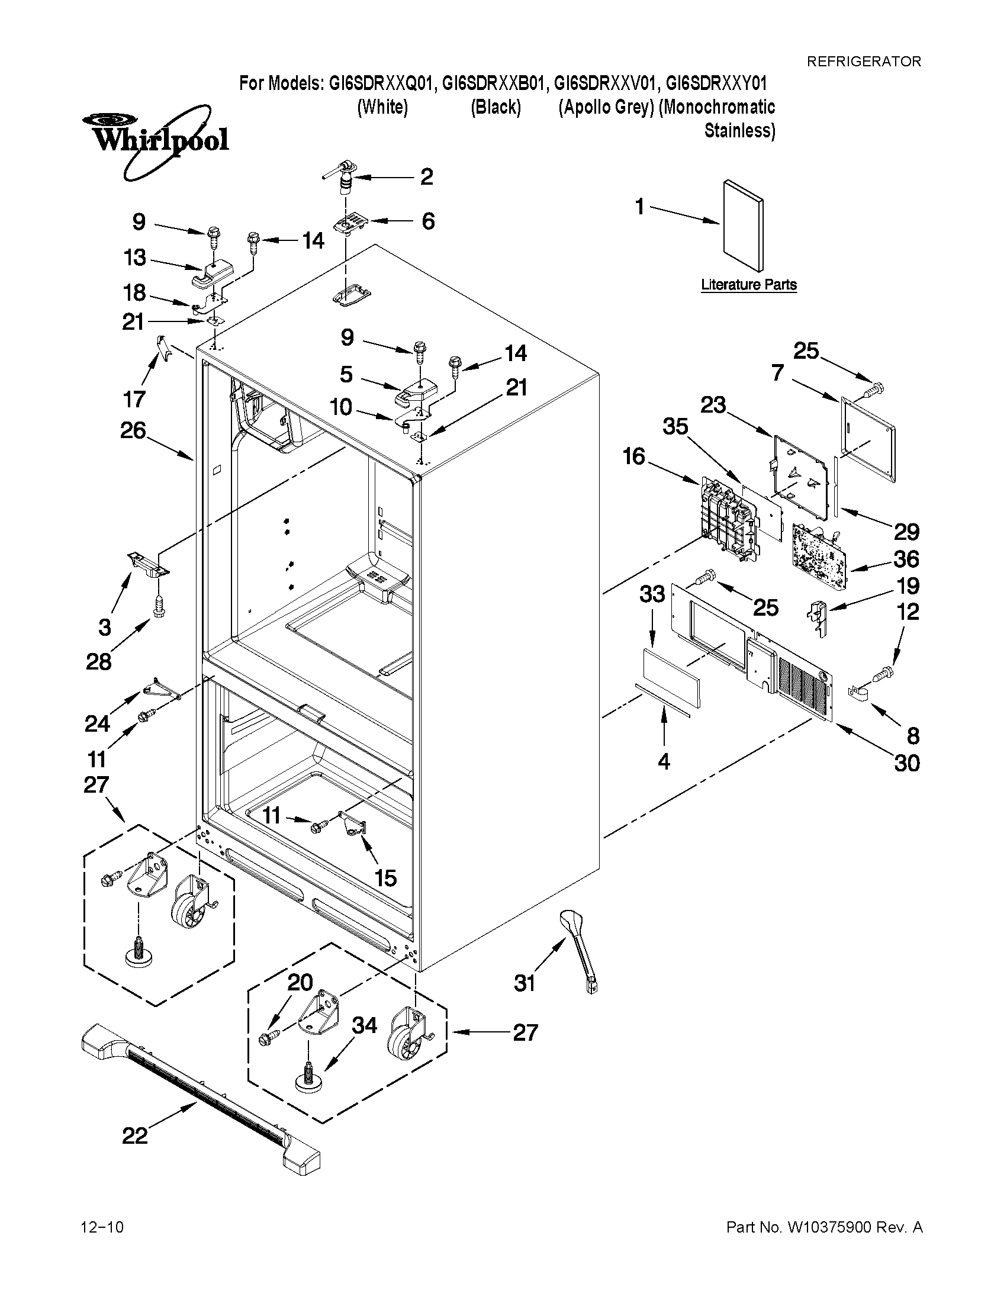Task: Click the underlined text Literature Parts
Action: tap(749, 285)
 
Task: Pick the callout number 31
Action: tap(525, 983)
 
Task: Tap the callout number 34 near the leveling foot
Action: tap(364, 1025)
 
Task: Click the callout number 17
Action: tap(134, 398)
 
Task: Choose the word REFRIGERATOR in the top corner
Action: tap(863, 61)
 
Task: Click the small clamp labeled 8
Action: tap(857, 693)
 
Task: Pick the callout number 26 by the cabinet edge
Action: tap(133, 430)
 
